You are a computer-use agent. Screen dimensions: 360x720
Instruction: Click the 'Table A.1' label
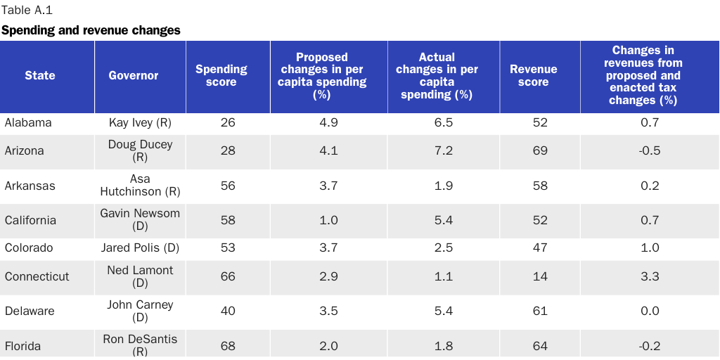[x=27, y=11]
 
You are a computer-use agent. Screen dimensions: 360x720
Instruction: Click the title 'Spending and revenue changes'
[x=91, y=30]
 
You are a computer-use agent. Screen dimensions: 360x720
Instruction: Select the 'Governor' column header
[x=134, y=75]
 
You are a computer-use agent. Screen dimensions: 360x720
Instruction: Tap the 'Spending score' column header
[x=221, y=75]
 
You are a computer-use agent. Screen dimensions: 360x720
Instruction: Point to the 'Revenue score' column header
[x=533, y=75]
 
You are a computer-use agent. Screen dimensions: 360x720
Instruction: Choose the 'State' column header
[x=40, y=75]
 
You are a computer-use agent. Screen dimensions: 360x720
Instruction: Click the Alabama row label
[x=28, y=122]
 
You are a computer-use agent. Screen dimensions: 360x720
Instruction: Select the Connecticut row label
[x=37, y=276]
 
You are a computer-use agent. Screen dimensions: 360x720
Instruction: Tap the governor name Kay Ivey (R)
[x=141, y=122]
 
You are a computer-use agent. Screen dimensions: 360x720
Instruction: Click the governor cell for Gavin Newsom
[x=140, y=219]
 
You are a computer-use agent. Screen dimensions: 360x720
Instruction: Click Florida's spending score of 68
[x=228, y=346]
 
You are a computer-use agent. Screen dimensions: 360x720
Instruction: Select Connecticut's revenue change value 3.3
[x=650, y=276]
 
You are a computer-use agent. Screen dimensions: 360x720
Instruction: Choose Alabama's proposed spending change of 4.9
[x=329, y=122]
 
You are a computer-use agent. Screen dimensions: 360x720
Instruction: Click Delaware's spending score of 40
[x=228, y=311]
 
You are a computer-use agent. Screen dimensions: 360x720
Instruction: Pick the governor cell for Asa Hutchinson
[x=140, y=185]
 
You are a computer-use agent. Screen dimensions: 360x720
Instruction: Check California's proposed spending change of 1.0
[x=329, y=220]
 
